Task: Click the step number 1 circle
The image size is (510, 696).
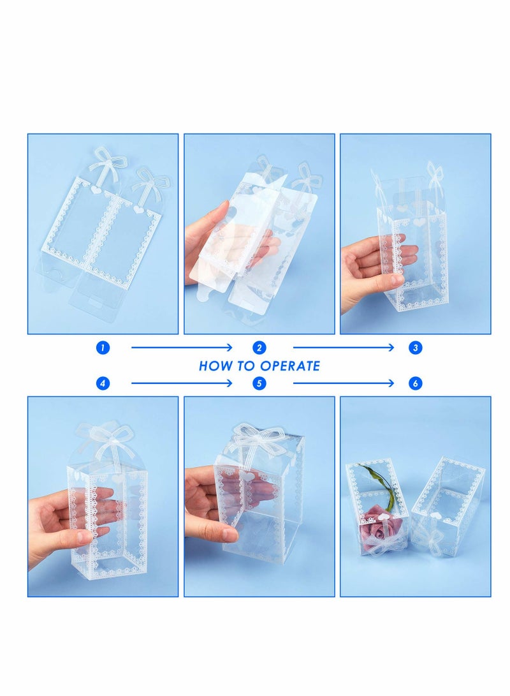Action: (x=103, y=348)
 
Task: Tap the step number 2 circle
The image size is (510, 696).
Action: (x=259, y=348)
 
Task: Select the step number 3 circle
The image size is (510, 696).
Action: (x=416, y=348)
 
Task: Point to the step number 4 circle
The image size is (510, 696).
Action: (x=103, y=383)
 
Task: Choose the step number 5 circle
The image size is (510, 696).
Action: (x=259, y=383)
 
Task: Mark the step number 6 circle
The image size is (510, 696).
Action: (x=416, y=383)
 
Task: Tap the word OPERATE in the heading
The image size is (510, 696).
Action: (x=290, y=366)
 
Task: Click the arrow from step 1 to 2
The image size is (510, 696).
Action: (x=182, y=348)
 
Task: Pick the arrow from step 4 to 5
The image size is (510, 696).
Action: (x=182, y=383)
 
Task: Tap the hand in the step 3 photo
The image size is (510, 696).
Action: (x=370, y=268)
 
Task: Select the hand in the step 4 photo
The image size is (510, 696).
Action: (x=64, y=523)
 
